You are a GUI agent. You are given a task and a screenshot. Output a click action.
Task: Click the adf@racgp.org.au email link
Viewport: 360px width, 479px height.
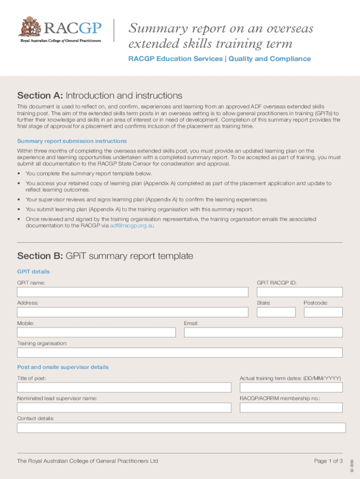click(x=132, y=225)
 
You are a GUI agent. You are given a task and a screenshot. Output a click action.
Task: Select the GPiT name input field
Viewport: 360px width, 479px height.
click(x=132, y=292)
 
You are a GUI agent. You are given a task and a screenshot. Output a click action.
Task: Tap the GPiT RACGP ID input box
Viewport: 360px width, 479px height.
click(x=299, y=292)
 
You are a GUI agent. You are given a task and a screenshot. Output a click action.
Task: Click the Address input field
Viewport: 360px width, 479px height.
click(x=132, y=312)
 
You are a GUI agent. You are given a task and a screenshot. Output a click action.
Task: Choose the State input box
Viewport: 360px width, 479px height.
click(x=276, y=312)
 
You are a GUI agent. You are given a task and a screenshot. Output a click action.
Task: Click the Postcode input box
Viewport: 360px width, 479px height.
click(x=323, y=312)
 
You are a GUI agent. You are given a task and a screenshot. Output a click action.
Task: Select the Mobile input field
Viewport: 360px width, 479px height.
click(x=96, y=332)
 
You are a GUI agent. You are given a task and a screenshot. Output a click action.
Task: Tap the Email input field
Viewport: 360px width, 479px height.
click(x=263, y=332)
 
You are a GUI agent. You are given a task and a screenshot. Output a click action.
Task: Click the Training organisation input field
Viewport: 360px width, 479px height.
click(x=180, y=353)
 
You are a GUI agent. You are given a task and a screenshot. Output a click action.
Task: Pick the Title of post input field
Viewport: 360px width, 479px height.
click(x=124, y=387)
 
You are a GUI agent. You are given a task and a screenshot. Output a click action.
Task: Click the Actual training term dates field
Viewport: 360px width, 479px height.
click(x=291, y=387)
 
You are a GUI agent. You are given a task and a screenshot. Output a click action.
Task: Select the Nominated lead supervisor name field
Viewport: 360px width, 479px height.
click(x=124, y=407)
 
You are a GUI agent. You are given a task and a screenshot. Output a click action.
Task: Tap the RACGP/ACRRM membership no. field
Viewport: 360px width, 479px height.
click(x=291, y=407)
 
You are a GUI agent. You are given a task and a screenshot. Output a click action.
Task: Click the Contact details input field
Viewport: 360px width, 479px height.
click(x=181, y=428)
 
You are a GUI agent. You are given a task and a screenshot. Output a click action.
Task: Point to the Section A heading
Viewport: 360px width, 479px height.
click(x=100, y=96)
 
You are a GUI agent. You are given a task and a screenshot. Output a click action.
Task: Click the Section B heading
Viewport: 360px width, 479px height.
click(x=105, y=256)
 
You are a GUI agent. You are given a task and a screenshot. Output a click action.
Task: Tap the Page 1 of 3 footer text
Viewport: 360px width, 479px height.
click(x=328, y=461)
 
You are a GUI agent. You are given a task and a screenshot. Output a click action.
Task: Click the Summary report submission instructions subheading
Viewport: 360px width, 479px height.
click(x=72, y=141)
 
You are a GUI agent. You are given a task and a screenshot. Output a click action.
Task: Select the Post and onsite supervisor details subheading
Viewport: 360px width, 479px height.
click(x=63, y=367)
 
